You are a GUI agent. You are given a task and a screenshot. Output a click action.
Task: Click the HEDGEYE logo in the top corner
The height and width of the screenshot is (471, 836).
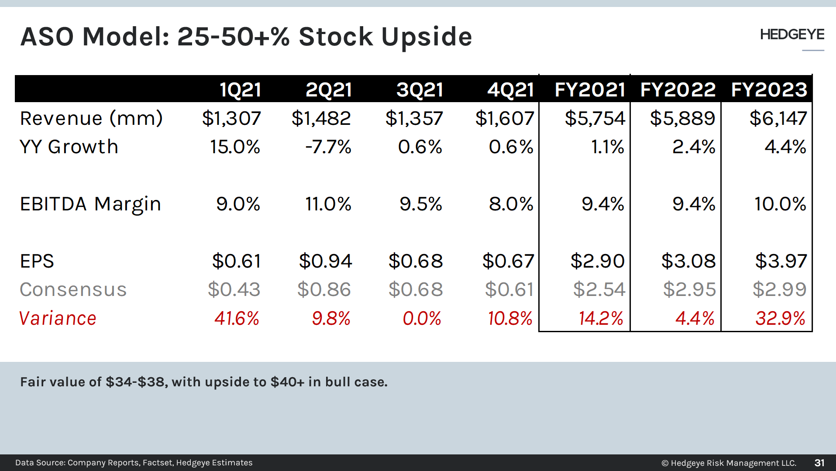(x=791, y=34)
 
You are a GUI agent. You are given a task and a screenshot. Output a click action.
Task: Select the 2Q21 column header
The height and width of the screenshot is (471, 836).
(x=328, y=89)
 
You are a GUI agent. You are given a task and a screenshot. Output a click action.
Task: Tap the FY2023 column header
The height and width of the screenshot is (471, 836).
(x=769, y=89)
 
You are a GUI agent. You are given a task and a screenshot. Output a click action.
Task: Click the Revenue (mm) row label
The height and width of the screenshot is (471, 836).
(x=91, y=118)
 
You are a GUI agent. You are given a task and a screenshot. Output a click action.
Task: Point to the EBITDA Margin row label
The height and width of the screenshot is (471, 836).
(x=90, y=204)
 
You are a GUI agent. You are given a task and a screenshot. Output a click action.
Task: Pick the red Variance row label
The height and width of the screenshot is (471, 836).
(x=58, y=318)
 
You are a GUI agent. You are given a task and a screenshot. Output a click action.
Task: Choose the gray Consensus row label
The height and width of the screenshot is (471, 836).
(x=73, y=289)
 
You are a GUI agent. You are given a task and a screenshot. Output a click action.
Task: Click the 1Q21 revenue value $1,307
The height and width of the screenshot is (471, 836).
(x=231, y=118)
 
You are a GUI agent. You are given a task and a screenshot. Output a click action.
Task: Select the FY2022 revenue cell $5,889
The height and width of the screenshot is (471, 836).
(x=682, y=118)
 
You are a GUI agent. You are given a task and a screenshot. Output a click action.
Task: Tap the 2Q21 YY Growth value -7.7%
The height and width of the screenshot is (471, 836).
(x=328, y=147)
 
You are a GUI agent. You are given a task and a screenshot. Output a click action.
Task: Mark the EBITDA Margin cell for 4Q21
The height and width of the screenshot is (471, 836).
(x=511, y=204)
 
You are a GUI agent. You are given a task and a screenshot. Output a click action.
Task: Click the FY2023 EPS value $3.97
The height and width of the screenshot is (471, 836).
(x=781, y=261)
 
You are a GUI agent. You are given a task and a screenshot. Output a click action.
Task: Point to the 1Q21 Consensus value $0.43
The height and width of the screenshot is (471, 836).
(x=234, y=289)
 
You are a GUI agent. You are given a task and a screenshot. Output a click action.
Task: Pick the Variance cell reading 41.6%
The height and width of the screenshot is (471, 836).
(x=237, y=318)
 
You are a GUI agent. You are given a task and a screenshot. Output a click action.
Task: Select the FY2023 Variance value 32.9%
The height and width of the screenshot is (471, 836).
(x=780, y=318)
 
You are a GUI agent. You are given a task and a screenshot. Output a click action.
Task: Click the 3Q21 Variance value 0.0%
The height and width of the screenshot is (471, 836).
(x=422, y=318)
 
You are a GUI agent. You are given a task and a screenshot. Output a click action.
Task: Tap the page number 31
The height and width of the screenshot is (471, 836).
(x=819, y=463)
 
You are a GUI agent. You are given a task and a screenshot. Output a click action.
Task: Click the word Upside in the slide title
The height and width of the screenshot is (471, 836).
(x=427, y=37)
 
